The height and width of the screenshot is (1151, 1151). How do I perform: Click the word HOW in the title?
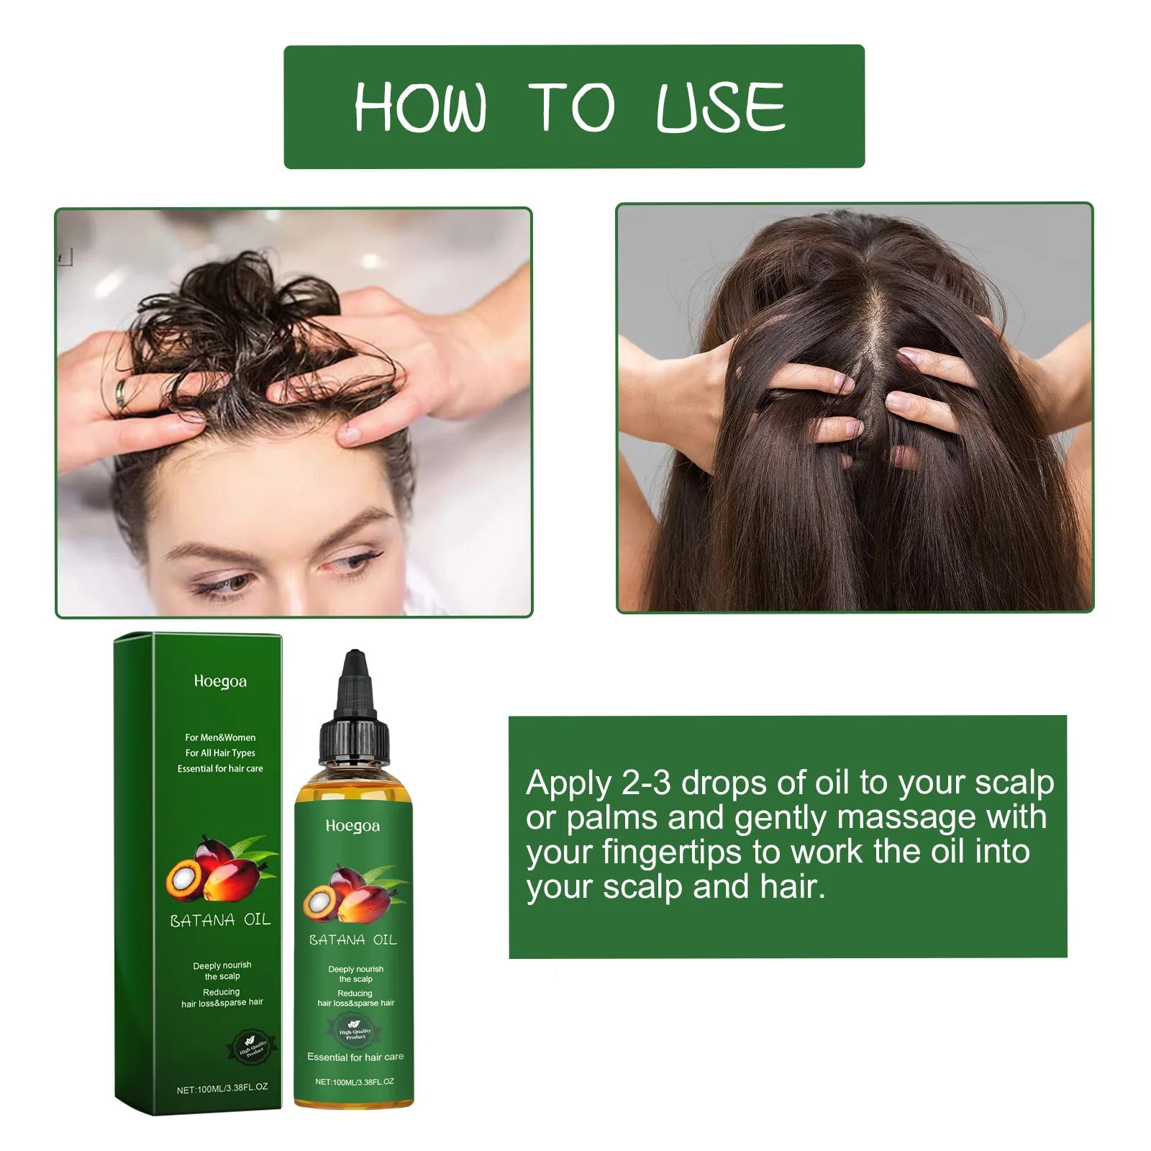click(x=420, y=108)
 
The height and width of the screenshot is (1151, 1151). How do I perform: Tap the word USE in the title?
click(x=720, y=108)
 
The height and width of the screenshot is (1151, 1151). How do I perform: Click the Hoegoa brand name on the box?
click(x=220, y=681)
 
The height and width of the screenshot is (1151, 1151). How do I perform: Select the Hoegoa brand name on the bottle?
click(x=352, y=826)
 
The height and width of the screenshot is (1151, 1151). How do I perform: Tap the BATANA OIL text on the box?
click(x=220, y=920)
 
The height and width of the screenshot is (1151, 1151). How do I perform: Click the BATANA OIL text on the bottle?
click(x=352, y=940)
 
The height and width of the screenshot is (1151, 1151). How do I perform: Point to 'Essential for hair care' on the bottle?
click(x=355, y=1057)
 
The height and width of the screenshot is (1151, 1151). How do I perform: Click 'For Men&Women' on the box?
click(x=220, y=737)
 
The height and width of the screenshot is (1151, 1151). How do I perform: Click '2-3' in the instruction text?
click(x=646, y=783)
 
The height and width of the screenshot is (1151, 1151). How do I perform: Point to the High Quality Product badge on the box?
click(x=252, y=1049)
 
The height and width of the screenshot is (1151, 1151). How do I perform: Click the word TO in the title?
click(x=571, y=108)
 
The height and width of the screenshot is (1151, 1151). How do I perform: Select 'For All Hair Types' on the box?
click(x=220, y=753)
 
